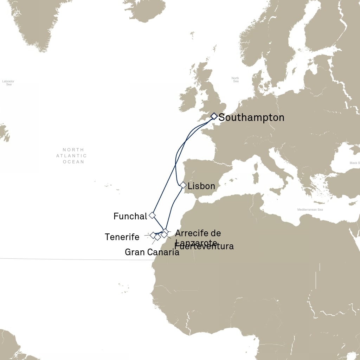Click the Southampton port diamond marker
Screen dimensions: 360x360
tap(214, 116)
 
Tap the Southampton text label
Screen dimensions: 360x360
tap(251, 117)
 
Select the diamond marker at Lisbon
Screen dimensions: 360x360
tap(183, 185)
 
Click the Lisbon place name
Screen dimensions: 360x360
tap(201, 186)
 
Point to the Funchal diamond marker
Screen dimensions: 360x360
tap(152, 215)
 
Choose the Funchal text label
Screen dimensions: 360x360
tap(130, 216)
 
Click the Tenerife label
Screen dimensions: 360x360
tap(122, 237)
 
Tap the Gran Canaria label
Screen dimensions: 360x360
tap(152, 252)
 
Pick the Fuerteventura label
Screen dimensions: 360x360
tap(204, 246)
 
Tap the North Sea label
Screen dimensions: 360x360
tap(235, 80)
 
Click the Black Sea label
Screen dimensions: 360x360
tap(354, 163)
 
